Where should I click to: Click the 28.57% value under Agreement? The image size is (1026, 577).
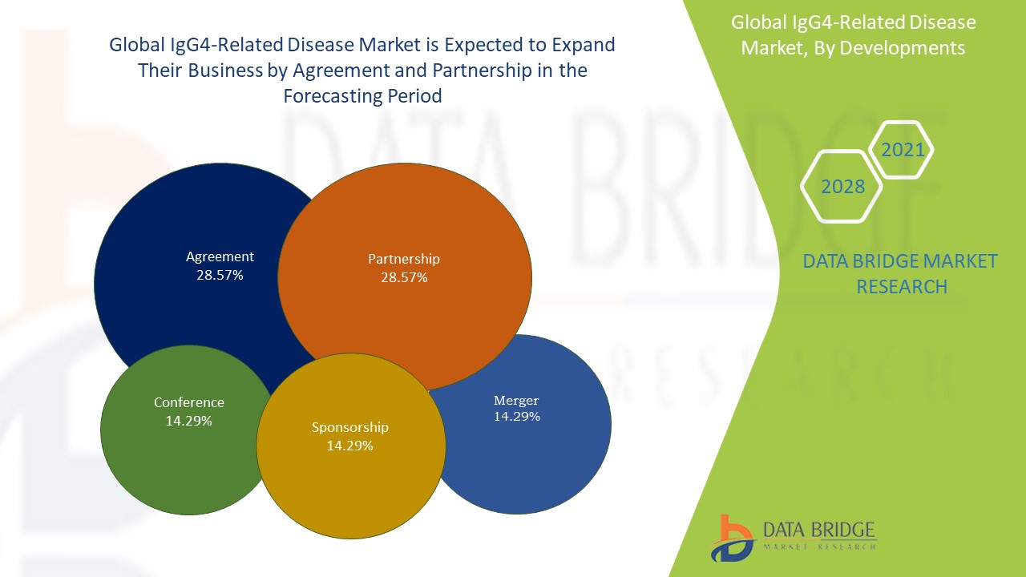[220, 275]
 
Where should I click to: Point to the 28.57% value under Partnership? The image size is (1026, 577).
[404, 277]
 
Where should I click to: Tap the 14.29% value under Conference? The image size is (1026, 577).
[188, 420]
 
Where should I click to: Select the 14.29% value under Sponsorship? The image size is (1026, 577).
[349, 446]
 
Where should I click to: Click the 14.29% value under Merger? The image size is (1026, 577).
[516, 417]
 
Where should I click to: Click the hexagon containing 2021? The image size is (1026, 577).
[903, 150]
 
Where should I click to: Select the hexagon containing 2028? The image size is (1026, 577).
[842, 187]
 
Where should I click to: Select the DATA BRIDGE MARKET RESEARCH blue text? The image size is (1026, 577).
[901, 273]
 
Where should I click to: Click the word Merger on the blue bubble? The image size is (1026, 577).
[516, 400]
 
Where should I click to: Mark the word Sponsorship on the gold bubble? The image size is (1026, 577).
[349, 427]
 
